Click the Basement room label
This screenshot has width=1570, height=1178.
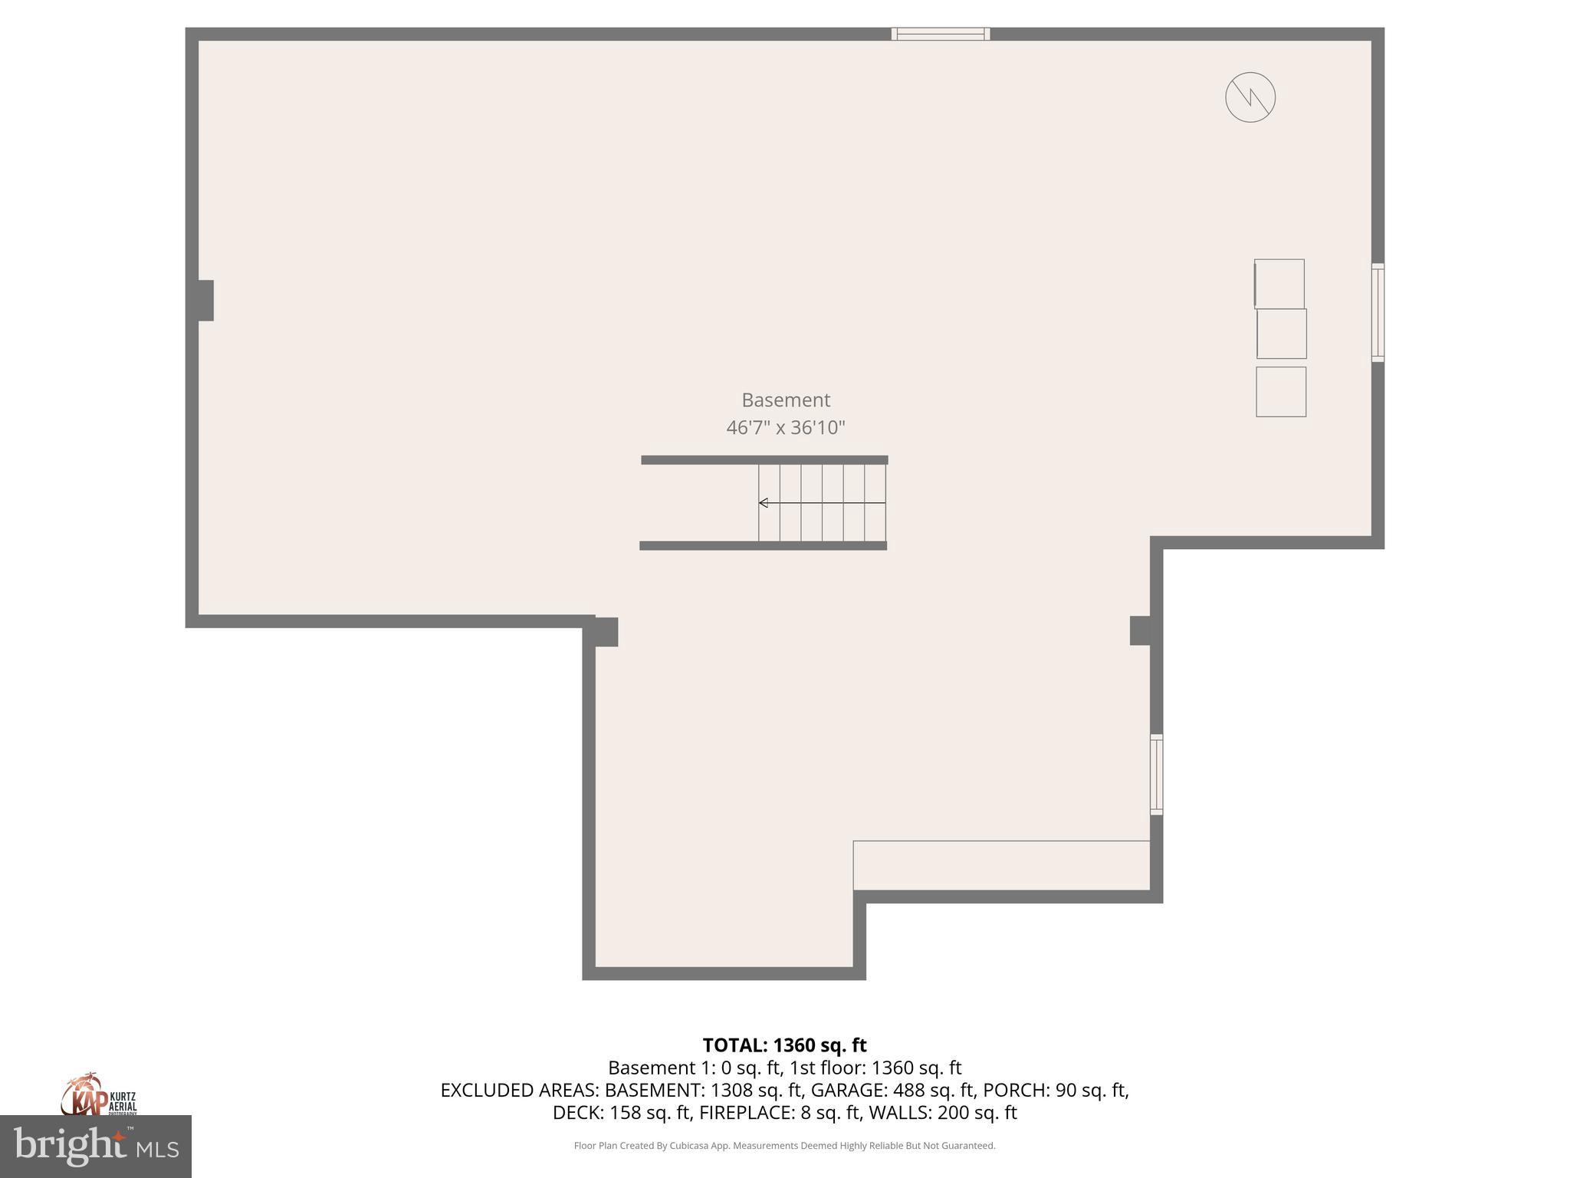tap(786, 400)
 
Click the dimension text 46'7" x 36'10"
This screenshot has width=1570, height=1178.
tap(786, 427)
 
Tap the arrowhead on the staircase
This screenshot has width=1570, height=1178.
tap(764, 503)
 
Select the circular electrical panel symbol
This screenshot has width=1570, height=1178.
tap(1250, 97)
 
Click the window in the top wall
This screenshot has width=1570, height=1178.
tap(940, 34)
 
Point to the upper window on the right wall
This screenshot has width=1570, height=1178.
tap(1378, 312)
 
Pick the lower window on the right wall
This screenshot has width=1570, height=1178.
tap(1156, 775)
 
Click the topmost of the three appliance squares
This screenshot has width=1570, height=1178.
tap(1279, 284)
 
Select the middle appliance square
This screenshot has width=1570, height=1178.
tap(1281, 334)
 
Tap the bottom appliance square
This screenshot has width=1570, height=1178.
tap(1280, 392)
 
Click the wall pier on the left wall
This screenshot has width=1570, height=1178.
tap(205, 301)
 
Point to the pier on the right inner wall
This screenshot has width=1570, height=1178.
tap(1141, 630)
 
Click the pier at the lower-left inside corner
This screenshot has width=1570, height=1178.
tap(606, 632)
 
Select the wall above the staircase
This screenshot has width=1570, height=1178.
tap(764, 460)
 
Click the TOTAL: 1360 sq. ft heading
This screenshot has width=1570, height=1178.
tap(784, 1045)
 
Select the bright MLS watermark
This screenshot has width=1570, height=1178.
tap(96, 1147)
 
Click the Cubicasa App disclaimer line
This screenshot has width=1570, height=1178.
tap(784, 1146)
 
